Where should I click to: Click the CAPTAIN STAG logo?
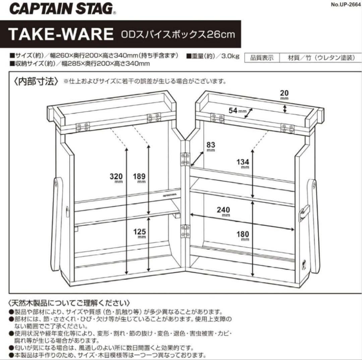tap(62, 9)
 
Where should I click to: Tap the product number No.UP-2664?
tap(346, 4)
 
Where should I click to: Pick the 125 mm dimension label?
tap(140, 233)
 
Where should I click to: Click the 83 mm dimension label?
tap(211, 146)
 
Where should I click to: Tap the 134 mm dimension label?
tap(243, 164)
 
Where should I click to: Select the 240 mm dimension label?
tap(224, 212)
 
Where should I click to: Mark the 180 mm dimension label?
tap(243, 236)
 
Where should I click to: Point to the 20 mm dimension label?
tap(285, 95)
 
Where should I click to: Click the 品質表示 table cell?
tap(262, 58)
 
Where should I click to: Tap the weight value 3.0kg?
tap(230, 56)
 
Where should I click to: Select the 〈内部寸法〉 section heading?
tap(36, 81)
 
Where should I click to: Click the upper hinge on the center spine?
tap(185, 159)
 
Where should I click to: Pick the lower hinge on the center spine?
tap(185, 232)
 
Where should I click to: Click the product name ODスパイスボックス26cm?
tap(178, 35)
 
